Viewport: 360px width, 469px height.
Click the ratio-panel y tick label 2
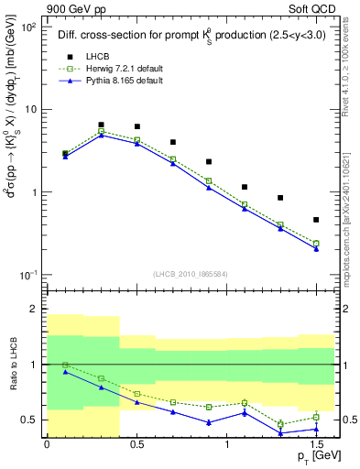(x=33, y=310)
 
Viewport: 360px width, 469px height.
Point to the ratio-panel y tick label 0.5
(x=29, y=420)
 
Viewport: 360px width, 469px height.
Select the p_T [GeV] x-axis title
(x=311, y=458)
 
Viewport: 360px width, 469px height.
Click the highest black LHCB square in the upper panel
(x=101, y=125)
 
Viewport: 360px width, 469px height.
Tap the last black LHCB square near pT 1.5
(x=316, y=220)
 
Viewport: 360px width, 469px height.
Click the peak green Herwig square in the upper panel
(x=101, y=131)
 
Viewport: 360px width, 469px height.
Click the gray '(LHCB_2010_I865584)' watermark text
(x=191, y=274)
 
